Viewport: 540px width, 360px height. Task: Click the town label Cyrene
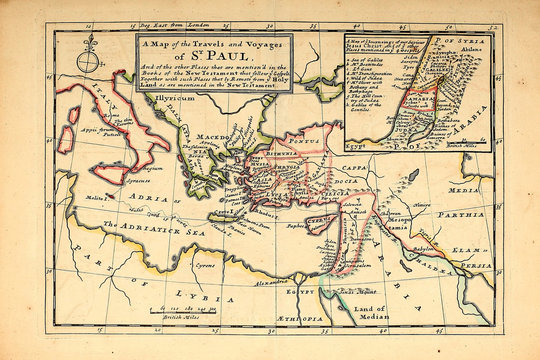coord(205,267)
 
